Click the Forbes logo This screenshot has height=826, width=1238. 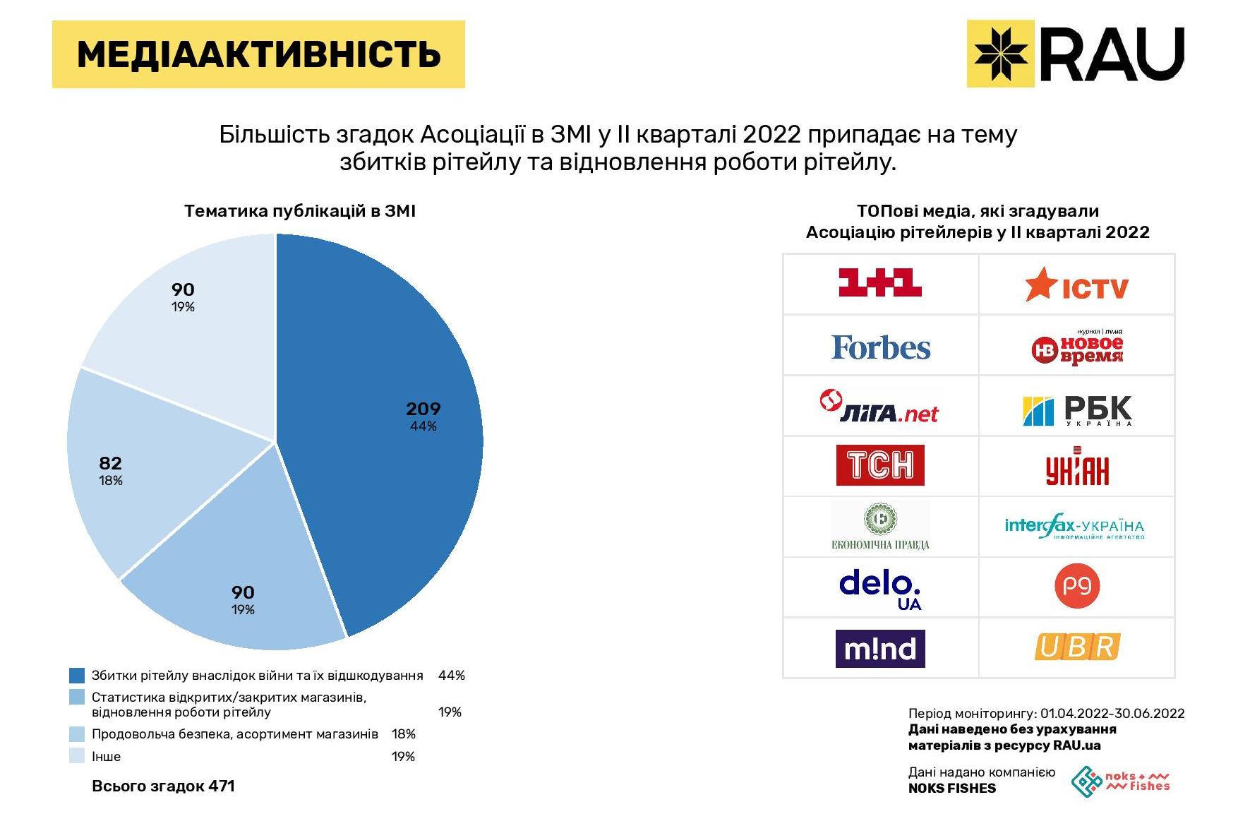pyautogui.click(x=880, y=347)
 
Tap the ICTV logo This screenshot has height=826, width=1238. pyautogui.click(x=1076, y=285)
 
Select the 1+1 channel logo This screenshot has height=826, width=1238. pyautogui.click(x=879, y=283)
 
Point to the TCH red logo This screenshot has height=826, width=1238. pyautogui.click(x=879, y=465)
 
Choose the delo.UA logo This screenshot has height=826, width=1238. pyautogui.click(x=880, y=589)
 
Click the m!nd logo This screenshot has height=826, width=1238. pyautogui.click(x=879, y=648)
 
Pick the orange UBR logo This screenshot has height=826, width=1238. pyautogui.click(x=1076, y=647)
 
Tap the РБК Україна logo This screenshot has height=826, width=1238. pyautogui.click(x=1076, y=410)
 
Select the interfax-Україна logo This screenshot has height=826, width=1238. pyautogui.click(x=1074, y=527)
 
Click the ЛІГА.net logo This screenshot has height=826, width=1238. pyautogui.click(x=879, y=407)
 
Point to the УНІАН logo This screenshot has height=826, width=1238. pyautogui.click(x=1076, y=467)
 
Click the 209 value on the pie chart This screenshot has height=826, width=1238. pyautogui.click(x=423, y=409)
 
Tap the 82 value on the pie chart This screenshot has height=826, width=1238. pyautogui.click(x=111, y=463)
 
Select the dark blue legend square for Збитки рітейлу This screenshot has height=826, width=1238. pyautogui.click(x=77, y=676)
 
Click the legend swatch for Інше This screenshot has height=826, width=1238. pyautogui.click(x=77, y=756)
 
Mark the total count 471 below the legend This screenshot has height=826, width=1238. pyautogui.click(x=222, y=786)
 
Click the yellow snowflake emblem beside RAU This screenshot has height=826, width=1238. pyautogui.click(x=1000, y=54)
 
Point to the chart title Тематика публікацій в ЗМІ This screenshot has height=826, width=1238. pyautogui.click(x=299, y=211)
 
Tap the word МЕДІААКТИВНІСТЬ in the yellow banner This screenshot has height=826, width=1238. pyautogui.click(x=258, y=54)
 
